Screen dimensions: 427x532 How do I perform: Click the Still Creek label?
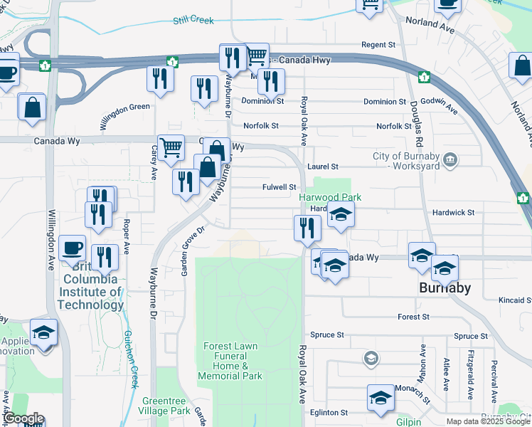pos(193,21)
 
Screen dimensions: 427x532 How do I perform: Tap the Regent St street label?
pos(378,45)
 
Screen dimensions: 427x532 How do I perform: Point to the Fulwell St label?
pos(279,187)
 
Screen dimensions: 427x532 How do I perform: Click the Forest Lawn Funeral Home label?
pos(230,361)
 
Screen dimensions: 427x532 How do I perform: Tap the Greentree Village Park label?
pos(166,406)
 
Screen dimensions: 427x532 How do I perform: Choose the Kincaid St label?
pos(515,301)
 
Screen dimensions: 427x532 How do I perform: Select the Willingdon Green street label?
pos(124,116)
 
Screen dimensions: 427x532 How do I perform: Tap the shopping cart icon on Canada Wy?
pos(171,148)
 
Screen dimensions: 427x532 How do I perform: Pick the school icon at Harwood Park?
pos(341,215)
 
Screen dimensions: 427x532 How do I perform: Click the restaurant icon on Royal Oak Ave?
pos(307,228)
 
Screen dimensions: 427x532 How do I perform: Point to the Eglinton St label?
pos(329,412)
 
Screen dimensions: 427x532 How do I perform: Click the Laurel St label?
pos(322,167)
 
